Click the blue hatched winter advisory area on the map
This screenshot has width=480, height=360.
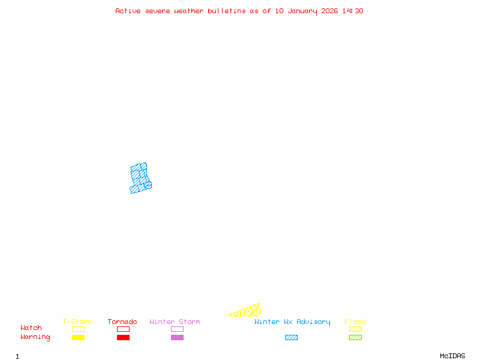[x=140, y=178]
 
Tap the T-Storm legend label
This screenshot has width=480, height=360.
[x=77, y=322]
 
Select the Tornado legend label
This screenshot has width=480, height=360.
[x=122, y=322]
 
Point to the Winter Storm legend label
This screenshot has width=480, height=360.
[x=175, y=322]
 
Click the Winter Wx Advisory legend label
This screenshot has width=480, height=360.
[x=292, y=322]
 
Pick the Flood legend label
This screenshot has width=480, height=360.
[x=355, y=322]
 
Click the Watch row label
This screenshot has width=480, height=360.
[x=31, y=328]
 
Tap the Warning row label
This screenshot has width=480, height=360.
[x=35, y=337]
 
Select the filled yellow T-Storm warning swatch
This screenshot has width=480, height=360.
[x=78, y=338]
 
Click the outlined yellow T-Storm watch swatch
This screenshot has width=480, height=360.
[x=78, y=329]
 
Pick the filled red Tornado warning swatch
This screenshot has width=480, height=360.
[x=123, y=338]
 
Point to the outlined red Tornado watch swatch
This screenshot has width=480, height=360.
[x=123, y=329]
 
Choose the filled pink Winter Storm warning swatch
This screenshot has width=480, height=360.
[x=177, y=338]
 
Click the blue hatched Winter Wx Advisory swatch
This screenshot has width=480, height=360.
[x=291, y=338]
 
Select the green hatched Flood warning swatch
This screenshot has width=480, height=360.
[x=355, y=338]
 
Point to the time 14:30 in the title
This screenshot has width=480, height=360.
[x=353, y=11]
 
